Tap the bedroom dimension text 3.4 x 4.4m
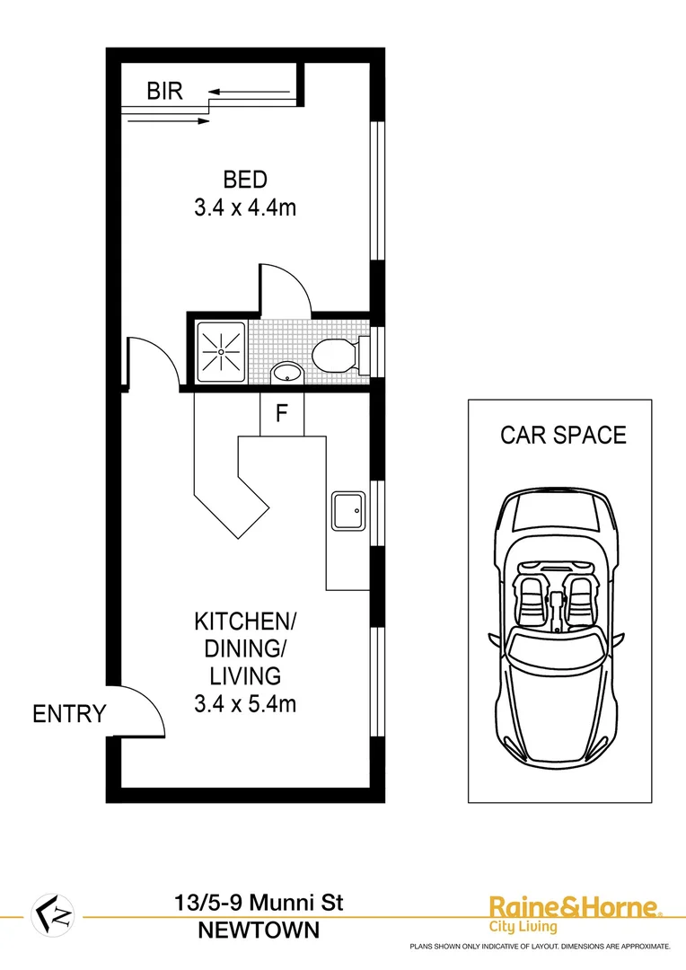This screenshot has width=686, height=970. pos(245,208)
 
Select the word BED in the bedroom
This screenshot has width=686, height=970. pos(245,180)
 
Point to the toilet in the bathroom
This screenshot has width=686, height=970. pos(337,356)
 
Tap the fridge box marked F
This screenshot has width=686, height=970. pos(282,414)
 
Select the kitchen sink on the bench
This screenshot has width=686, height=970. pos(347,510)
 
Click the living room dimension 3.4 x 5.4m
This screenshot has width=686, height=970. pos(245,703)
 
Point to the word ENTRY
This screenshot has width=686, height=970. pos(69,715)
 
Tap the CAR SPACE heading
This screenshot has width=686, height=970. pos(563,436)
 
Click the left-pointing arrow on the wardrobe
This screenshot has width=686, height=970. pos(251,91)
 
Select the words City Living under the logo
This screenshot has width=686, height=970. pos(523,927)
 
